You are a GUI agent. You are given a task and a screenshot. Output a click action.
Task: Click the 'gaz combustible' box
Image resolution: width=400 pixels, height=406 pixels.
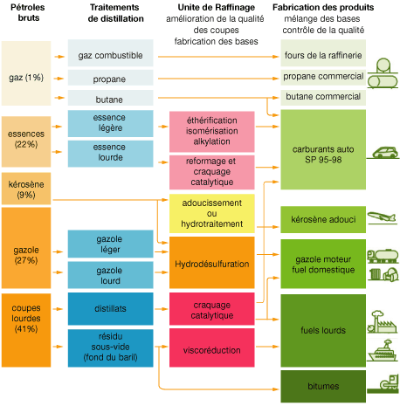tap(110, 53)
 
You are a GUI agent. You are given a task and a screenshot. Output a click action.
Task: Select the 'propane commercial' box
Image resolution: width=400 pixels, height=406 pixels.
tap(323, 77)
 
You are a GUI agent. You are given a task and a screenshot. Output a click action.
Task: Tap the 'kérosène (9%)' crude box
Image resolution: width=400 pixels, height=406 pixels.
tap(26, 189)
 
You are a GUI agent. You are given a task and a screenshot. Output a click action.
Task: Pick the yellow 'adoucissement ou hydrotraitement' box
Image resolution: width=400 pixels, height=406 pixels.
tap(212, 213)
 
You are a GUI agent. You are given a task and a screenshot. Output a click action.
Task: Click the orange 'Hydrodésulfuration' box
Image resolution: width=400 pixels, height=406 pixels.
tap(212, 263)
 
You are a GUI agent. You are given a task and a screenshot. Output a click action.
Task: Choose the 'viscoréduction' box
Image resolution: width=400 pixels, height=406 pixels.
tap(212, 348)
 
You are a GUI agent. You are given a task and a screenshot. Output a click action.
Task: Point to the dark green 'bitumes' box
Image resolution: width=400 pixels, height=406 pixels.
tap(323, 386)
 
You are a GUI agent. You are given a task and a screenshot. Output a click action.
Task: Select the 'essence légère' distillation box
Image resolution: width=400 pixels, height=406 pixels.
tap(110, 123)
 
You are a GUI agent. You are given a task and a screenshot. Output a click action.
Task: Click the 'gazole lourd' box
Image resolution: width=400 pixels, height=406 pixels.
tap(110, 275)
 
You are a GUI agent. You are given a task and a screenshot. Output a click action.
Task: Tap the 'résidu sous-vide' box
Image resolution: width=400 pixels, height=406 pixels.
tap(110, 348)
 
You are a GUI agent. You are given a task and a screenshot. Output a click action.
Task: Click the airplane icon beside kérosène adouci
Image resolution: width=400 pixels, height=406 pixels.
tap(382, 217)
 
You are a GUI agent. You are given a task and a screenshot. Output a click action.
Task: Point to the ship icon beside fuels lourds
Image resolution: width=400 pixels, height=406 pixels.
tap(383, 351)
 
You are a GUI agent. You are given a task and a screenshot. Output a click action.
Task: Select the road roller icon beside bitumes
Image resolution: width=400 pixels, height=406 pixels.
tap(383, 383)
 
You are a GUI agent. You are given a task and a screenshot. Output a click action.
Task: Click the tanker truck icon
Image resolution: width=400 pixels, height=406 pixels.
tap(383, 256)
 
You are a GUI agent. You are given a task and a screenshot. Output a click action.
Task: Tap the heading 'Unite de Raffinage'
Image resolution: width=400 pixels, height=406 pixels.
tap(217, 7)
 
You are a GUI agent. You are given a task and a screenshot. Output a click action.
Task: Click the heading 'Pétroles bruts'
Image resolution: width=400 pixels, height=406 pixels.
tap(28, 12)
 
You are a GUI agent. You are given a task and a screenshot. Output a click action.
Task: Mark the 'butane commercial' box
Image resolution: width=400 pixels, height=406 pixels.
tap(323, 98)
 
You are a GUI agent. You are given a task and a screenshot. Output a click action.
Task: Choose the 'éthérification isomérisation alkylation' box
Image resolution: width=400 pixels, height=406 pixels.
tap(212, 132)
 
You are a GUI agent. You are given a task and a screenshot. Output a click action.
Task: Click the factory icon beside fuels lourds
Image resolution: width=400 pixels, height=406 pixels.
tap(382, 321)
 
